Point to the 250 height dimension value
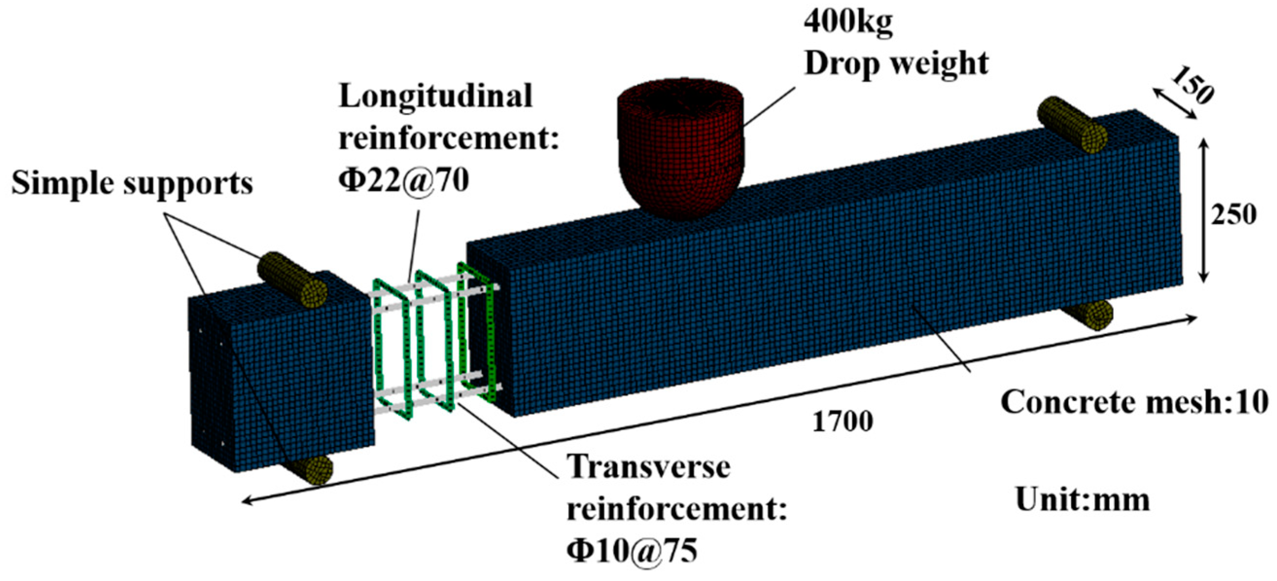point(1233,215)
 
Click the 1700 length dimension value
point(842,422)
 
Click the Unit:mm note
point(1083,500)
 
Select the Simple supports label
point(132,184)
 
